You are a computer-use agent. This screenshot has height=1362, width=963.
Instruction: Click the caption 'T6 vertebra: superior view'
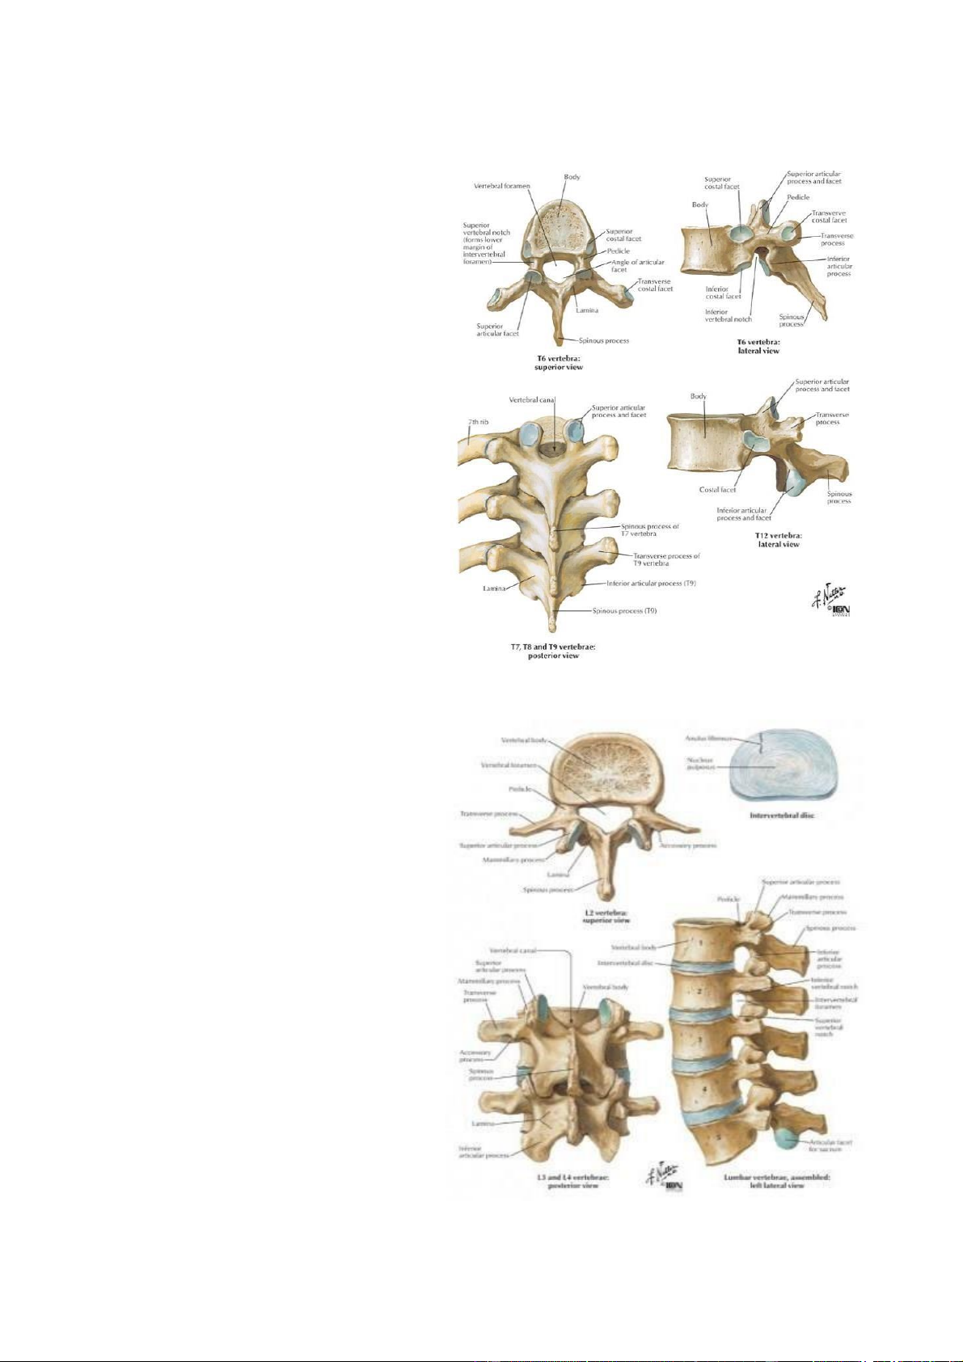pos(559,362)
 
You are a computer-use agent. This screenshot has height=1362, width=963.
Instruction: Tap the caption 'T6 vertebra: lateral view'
pos(758,346)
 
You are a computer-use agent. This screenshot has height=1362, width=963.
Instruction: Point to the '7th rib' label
pos(478,422)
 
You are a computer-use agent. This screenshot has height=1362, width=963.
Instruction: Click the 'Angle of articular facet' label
pos(637,266)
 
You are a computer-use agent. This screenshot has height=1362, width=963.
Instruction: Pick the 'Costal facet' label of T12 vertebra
pos(717,490)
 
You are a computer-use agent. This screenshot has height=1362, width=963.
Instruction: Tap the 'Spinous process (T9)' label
pos(624,611)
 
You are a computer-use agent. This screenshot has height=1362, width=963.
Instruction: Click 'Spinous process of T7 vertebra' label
pos(649,529)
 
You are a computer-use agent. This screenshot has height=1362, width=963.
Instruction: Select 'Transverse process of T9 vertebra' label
pos(666,559)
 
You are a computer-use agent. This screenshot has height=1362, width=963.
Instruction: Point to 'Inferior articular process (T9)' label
pos(651,583)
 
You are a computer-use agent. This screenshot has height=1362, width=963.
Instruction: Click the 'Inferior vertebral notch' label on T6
pos(728,315)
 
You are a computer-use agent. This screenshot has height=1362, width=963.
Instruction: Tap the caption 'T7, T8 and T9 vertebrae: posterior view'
pos(553,651)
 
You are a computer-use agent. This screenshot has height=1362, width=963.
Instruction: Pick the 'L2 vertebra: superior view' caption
pos(606,916)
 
